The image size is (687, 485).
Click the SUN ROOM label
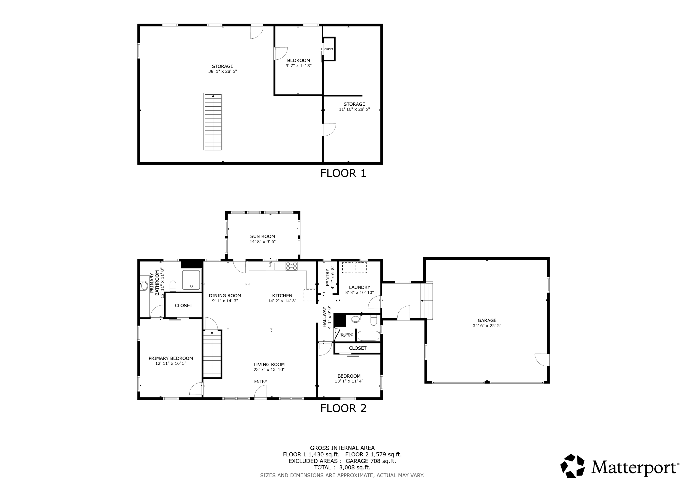tap(262, 236)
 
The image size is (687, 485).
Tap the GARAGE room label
tap(487, 320)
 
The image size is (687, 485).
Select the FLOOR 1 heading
tap(343, 173)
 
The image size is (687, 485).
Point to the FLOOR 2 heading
tap(343, 408)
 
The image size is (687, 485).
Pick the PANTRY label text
tap(327, 277)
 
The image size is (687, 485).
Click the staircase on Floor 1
tap(213, 122)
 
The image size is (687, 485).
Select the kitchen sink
tap(270, 266)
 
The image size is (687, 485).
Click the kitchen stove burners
tap(292, 266)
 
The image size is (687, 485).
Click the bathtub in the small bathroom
tap(368, 336)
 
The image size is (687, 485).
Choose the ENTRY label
tap(261, 382)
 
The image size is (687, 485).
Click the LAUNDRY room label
tap(359, 287)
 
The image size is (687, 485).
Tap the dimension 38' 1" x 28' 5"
tap(222, 71)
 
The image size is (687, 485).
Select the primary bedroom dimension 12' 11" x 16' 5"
tap(171, 363)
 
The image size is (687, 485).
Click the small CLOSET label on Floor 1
tap(329, 49)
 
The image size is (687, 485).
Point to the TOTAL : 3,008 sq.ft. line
tap(342, 468)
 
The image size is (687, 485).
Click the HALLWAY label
tap(324, 317)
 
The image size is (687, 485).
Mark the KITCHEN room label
tap(282, 295)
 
